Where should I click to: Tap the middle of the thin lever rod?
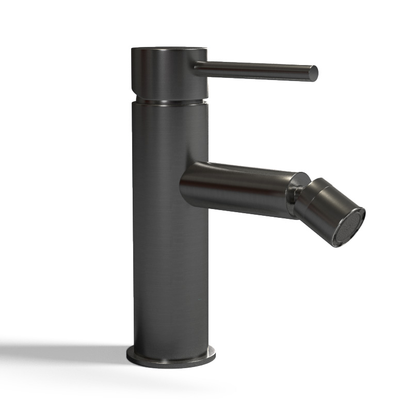(x=253, y=70)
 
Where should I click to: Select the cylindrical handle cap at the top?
(x=169, y=72)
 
